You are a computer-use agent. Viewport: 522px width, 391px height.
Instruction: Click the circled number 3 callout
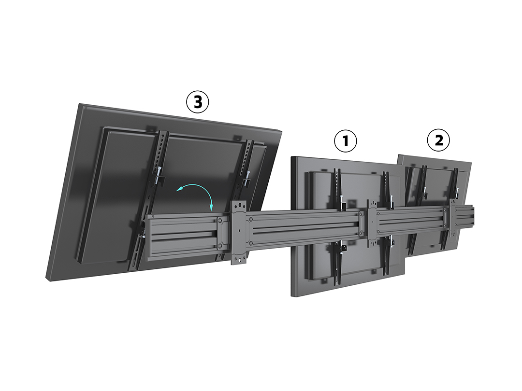point(197,102)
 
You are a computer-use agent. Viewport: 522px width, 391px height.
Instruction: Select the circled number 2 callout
point(438,140)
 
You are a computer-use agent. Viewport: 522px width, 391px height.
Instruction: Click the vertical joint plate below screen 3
point(239,232)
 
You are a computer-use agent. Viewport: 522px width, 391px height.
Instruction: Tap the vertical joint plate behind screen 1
point(372,223)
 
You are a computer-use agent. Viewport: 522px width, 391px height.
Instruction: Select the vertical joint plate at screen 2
point(453,218)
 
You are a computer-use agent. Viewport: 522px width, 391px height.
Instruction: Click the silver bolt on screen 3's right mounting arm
point(248,175)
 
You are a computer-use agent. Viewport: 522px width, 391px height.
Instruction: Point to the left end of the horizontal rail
point(147,237)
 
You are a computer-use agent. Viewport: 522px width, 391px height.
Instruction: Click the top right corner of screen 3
point(282,132)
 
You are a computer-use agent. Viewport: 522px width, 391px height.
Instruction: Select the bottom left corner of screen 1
point(291,296)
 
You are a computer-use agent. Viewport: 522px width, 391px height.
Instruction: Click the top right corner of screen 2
point(471,162)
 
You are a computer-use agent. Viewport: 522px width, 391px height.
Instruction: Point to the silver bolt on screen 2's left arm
point(425,191)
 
